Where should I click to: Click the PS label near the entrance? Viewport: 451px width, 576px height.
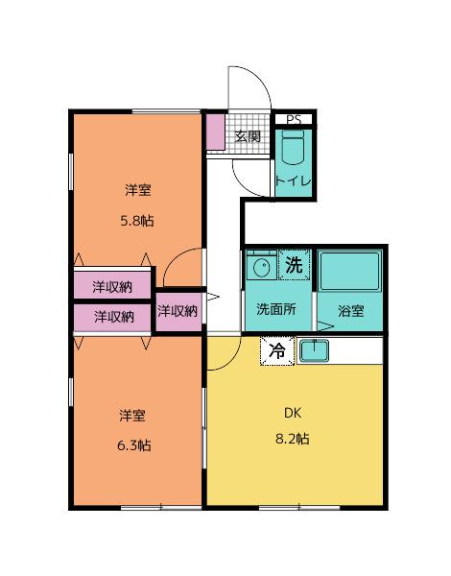pyautogui.click(x=294, y=120)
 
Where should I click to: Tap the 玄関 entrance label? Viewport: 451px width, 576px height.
pyautogui.click(x=248, y=136)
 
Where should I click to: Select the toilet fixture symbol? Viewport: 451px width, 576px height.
pyautogui.click(x=293, y=150)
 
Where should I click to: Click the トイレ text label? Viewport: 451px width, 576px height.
pyautogui.click(x=293, y=180)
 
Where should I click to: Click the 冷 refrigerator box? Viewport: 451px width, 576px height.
pyautogui.click(x=276, y=351)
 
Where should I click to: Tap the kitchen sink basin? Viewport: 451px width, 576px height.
pyautogui.click(x=314, y=351)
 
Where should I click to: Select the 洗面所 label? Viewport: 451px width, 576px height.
pyautogui.click(x=274, y=310)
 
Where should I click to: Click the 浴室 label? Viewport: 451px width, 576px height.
pyautogui.click(x=351, y=310)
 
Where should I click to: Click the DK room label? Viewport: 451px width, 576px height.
pyautogui.click(x=292, y=415)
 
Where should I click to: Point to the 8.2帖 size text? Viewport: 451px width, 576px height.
pyautogui.click(x=292, y=439)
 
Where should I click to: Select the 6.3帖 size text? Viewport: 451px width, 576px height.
pyautogui.click(x=134, y=444)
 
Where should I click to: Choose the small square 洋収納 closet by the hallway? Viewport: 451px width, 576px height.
pyautogui.click(x=178, y=310)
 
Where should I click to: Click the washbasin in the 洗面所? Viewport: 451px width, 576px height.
pyautogui.click(x=258, y=265)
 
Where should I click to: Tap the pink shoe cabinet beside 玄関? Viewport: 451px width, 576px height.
pyautogui.click(x=214, y=134)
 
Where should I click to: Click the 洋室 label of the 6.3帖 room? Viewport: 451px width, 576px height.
pyautogui.click(x=133, y=416)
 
